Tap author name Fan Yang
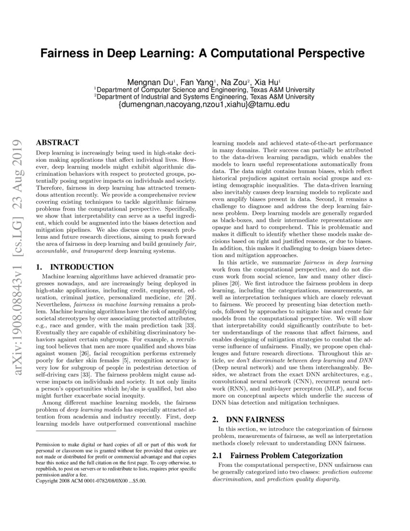pyautogui.click(x=198, y=83)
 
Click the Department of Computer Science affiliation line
pyautogui.click(x=205, y=90)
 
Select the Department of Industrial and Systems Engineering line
pyautogui.click(x=205, y=97)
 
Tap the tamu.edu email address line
pyautogui.click(x=205, y=104)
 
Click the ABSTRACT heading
pyautogui.click(x=57, y=143)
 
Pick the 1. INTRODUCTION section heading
pyautogui.click(x=75, y=267)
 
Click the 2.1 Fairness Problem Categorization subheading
pyautogui.click(x=278, y=456)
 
